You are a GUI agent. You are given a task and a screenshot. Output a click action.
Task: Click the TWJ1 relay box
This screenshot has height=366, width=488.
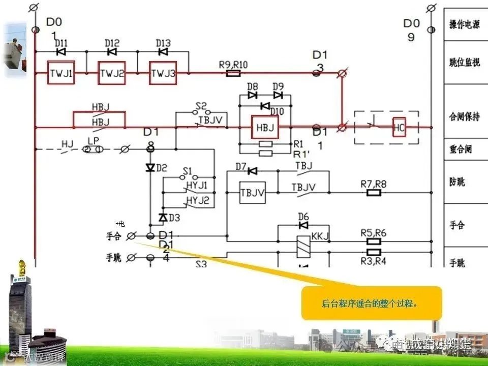[61, 74]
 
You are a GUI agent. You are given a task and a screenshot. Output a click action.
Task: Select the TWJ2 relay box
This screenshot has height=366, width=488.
[112, 74]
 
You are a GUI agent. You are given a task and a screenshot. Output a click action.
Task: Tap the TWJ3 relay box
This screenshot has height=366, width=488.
[163, 74]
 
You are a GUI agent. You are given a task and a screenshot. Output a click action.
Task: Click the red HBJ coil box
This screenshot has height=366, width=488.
[265, 127]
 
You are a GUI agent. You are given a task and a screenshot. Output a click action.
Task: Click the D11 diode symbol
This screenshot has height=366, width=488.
[61, 52]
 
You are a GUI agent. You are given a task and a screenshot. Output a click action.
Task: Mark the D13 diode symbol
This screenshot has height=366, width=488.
[163, 52]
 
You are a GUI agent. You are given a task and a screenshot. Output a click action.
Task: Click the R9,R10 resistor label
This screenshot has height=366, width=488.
[233, 65]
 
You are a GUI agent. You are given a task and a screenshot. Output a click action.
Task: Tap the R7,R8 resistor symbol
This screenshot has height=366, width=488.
[374, 193]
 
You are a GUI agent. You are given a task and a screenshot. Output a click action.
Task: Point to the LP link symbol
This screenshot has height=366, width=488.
[93, 149]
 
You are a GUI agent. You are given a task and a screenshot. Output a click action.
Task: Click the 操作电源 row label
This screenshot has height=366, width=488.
[464, 25]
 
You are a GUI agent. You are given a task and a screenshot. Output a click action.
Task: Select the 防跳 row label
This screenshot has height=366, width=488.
[457, 182]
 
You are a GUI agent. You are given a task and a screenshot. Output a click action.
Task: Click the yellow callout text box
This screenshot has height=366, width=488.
[372, 303]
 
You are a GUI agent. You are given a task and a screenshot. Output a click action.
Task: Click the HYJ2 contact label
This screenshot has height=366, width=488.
[197, 200]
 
